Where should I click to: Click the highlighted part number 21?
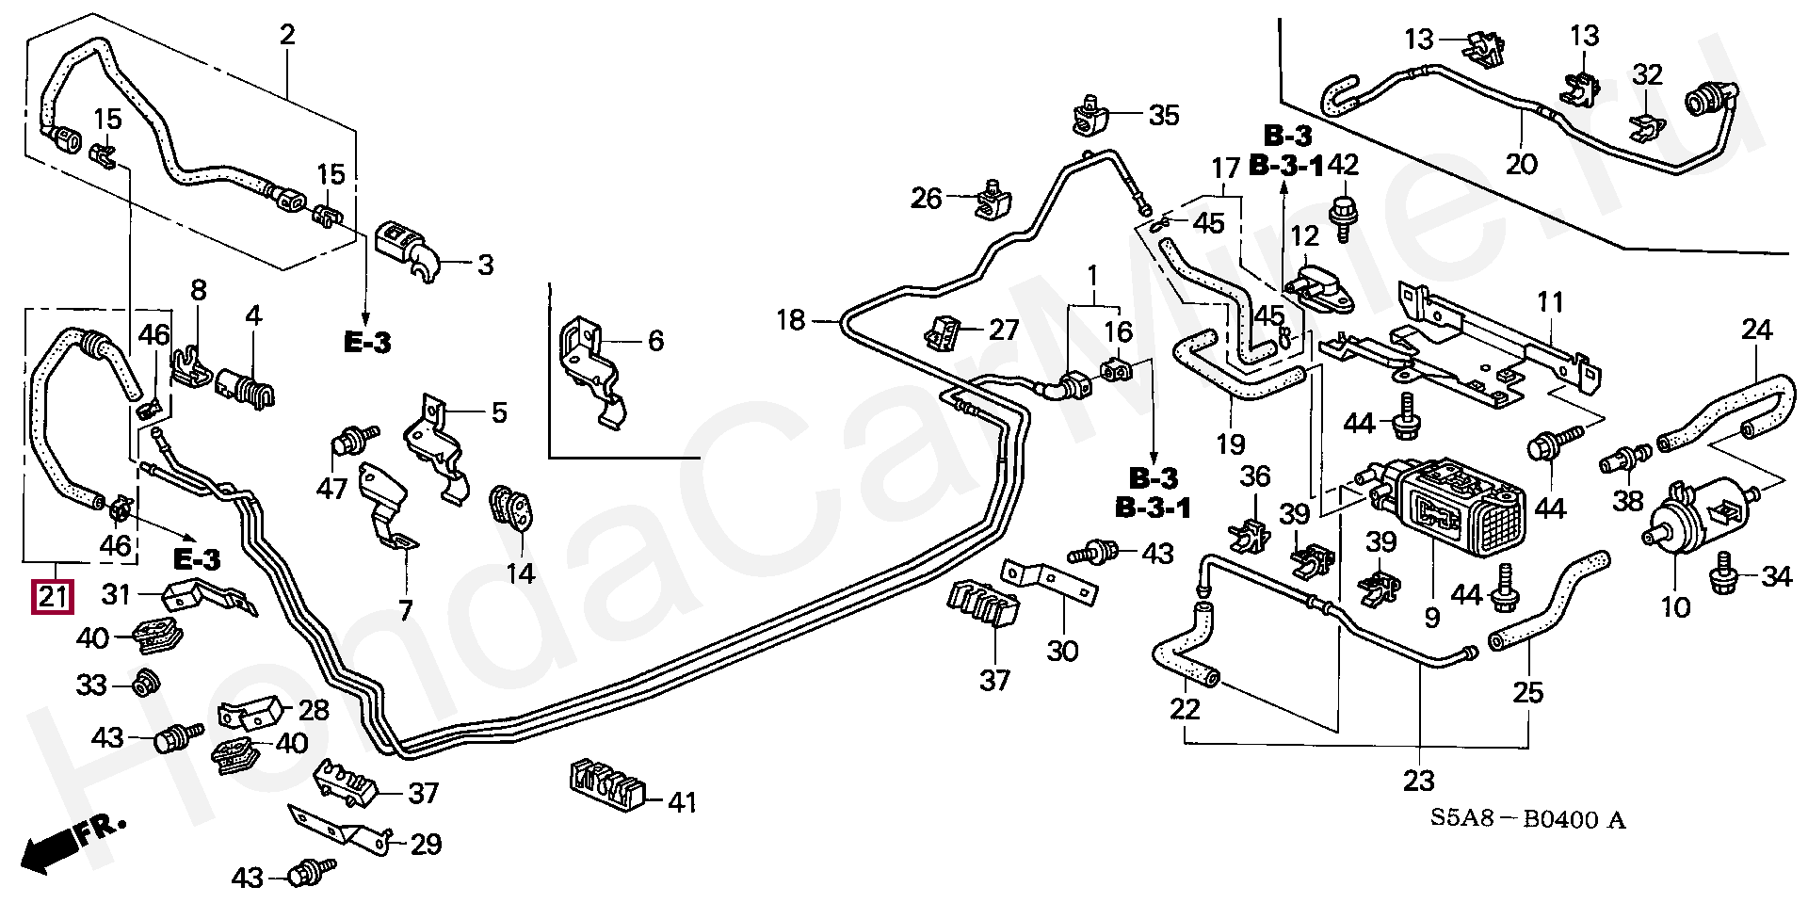click(x=53, y=596)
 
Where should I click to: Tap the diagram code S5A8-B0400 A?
click(x=1527, y=819)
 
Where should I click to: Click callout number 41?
click(x=683, y=801)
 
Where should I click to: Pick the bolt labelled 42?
click(x=1345, y=215)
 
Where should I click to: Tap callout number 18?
click(x=791, y=320)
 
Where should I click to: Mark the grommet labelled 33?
click(x=144, y=683)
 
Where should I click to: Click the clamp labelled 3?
click(x=412, y=248)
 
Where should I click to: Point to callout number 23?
click(x=1418, y=780)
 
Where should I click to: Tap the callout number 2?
click(x=287, y=35)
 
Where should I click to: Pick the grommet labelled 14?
click(x=512, y=509)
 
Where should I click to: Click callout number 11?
click(x=1549, y=301)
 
